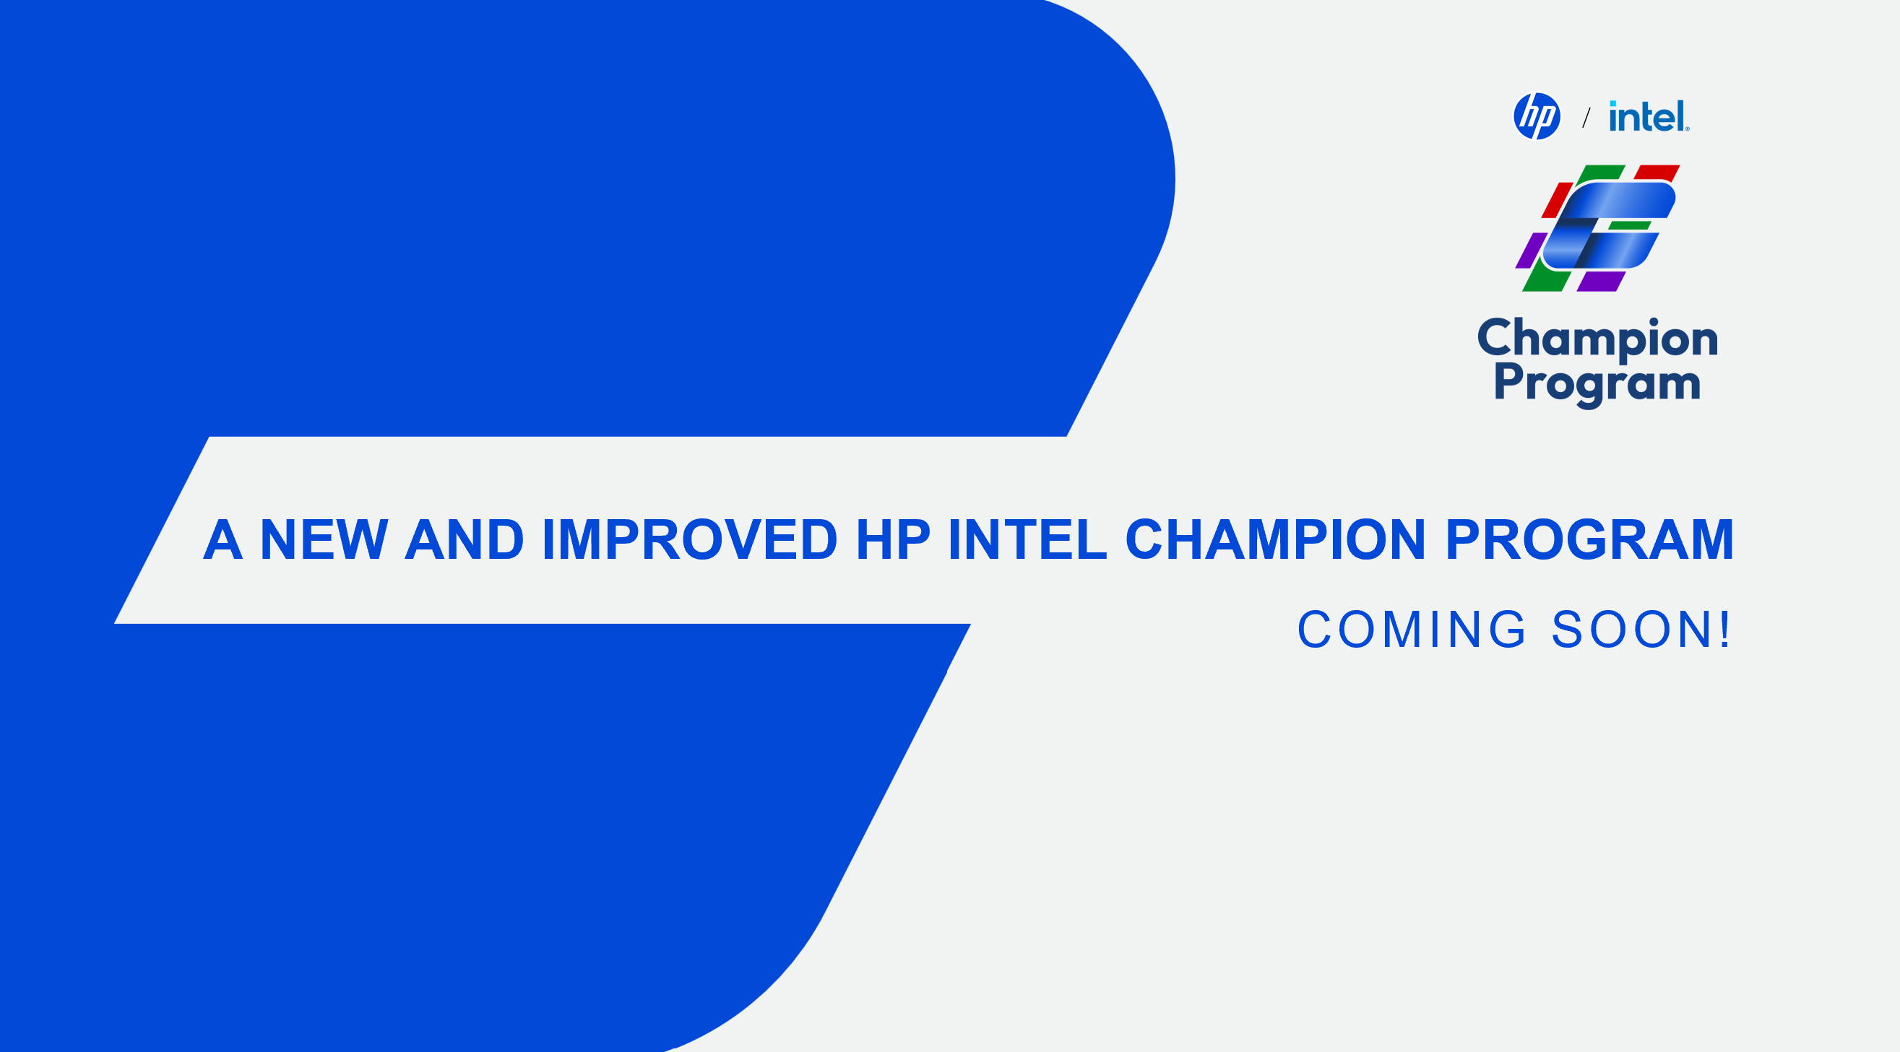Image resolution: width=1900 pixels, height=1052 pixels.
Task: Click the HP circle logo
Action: tap(1537, 116)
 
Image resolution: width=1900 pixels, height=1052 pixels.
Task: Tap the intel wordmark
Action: tap(1649, 116)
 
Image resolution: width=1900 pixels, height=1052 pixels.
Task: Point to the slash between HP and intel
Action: tap(1586, 117)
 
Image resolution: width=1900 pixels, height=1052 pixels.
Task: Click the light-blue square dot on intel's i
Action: tap(1613, 103)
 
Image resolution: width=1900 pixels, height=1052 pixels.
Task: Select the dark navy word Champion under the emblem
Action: tap(1597, 340)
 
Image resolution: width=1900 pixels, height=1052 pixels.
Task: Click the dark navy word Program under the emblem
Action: tap(1597, 384)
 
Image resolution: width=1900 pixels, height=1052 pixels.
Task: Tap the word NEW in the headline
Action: tap(324, 539)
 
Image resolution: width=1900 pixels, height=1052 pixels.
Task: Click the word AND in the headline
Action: tap(465, 539)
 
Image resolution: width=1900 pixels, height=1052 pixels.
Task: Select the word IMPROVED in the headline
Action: tap(690, 539)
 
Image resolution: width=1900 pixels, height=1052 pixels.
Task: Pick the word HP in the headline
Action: tap(893, 539)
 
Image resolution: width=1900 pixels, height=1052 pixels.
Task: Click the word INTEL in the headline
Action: tap(1027, 539)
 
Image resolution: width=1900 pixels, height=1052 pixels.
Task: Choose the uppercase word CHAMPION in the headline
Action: tap(1275, 539)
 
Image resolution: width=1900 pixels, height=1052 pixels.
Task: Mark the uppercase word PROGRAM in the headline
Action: tap(1589, 539)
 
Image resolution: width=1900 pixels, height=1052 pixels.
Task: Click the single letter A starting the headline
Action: tap(223, 539)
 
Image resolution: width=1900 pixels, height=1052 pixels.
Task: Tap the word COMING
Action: tap(1412, 630)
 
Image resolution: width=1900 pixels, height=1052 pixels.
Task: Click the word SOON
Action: tap(1628, 630)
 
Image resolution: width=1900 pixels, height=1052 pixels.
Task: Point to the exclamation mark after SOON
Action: tap(1724, 630)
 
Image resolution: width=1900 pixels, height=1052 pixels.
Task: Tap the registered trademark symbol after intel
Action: tap(1687, 129)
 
